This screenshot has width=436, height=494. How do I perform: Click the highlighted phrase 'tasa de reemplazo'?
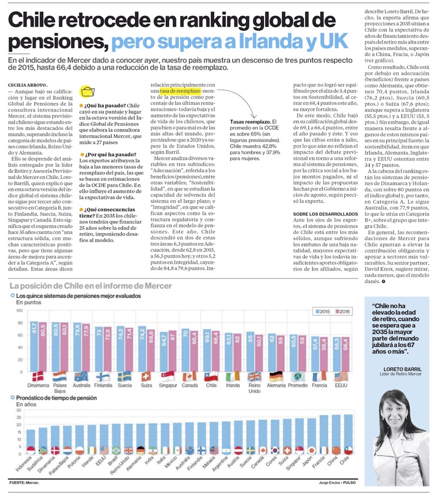click(180, 91)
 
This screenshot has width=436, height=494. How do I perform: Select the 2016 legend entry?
click(343, 311)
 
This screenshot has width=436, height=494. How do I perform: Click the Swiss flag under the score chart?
click(146, 376)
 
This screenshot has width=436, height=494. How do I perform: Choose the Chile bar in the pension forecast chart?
click(348, 434)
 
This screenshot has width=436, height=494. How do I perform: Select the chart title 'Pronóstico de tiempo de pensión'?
click(56, 398)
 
